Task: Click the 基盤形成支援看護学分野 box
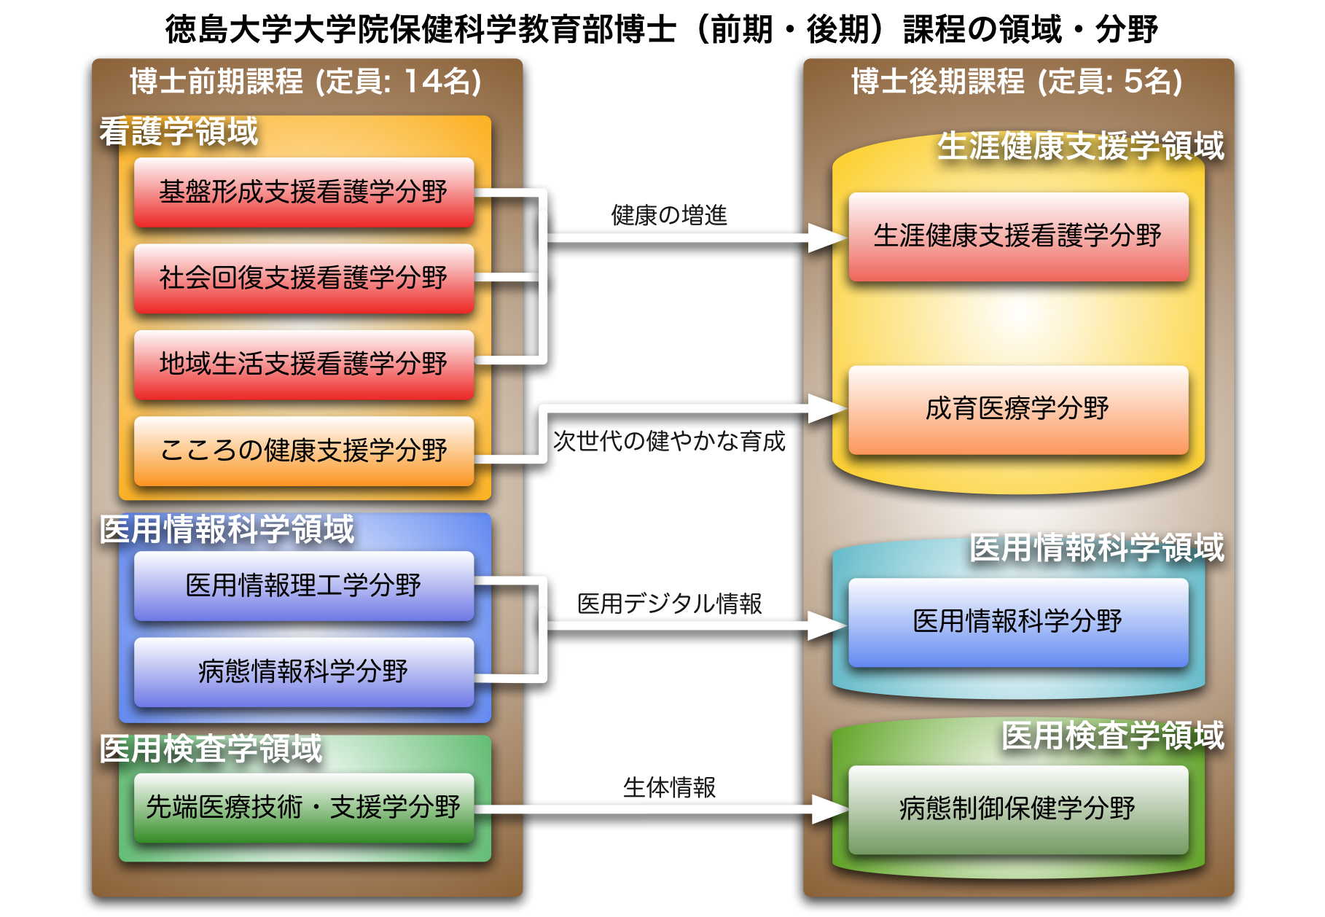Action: [303, 192]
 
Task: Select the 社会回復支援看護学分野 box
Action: [303, 278]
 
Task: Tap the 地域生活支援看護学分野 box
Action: [303, 364]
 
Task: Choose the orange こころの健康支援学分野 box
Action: [303, 450]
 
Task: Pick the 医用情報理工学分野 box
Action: [303, 585]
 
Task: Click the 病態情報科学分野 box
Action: [303, 671]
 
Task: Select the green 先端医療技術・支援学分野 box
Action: [303, 807]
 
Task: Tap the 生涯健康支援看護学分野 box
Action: [1017, 236]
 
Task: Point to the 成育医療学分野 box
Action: [1017, 409]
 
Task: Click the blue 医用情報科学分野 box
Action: [1017, 622]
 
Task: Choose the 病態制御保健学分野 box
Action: [1017, 808]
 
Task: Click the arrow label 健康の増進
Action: [669, 216]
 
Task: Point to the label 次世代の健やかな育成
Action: [669, 441]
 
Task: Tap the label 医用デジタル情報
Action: [669, 604]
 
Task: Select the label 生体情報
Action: [669, 787]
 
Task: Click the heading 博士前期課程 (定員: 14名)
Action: [306, 82]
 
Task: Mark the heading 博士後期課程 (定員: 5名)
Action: [1017, 82]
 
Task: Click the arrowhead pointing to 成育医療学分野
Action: [827, 408]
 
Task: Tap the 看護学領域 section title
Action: [179, 132]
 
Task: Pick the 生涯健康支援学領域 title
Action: [1080, 146]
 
